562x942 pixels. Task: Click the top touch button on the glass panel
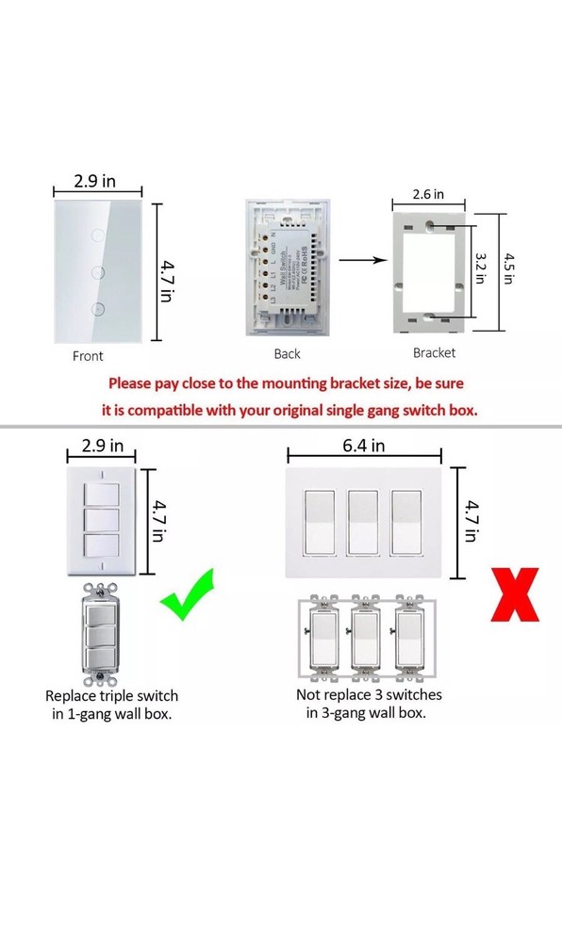pyautogui.click(x=97, y=231)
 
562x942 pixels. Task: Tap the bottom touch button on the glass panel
pyautogui.click(x=97, y=308)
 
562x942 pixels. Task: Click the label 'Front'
pyautogui.click(x=88, y=356)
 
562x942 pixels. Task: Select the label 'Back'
pyautogui.click(x=287, y=354)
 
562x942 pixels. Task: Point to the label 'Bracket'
pyautogui.click(x=434, y=352)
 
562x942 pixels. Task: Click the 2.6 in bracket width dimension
pyautogui.click(x=428, y=195)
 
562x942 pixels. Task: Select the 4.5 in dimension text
pyautogui.click(x=509, y=271)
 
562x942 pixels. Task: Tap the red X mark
pyautogui.click(x=514, y=594)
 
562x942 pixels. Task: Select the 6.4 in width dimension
pyautogui.click(x=364, y=446)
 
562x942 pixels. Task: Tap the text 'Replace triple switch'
pyautogui.click(x=111, y=695)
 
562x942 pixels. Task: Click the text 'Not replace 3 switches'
pyautogui.click(x=368, y=694)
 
